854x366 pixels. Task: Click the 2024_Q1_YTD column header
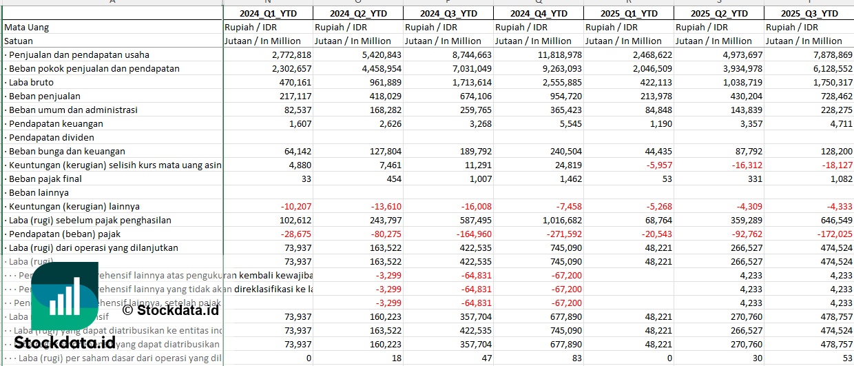click(267, 13)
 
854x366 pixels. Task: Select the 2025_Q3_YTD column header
click(810, 13)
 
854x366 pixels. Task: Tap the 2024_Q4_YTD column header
click(539, 13)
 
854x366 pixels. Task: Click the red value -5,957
click(655, 165)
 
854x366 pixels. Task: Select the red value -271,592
click(558, 234)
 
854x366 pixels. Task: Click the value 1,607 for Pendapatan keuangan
click(298, 123)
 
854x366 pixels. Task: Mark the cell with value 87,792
click(746, 151)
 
